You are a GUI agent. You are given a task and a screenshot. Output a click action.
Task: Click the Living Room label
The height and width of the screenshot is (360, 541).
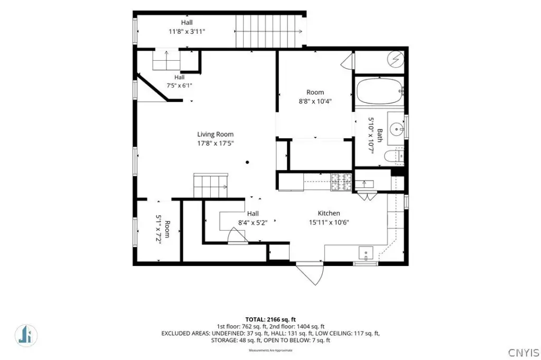pos(216,134)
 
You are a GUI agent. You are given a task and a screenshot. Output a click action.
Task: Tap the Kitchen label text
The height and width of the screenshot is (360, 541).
pos(329,213)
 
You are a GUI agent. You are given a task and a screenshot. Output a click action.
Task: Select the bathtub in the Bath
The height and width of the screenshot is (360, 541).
pos(379,91)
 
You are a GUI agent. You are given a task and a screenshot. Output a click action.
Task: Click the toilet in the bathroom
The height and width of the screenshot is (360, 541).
pos(394,156)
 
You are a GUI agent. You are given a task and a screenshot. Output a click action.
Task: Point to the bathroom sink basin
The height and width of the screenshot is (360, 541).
pos(397,129)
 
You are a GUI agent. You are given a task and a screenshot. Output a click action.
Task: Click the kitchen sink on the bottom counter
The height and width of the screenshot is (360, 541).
pos(366,253)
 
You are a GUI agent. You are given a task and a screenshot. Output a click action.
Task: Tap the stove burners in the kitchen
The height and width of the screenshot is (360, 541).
pos(341,182)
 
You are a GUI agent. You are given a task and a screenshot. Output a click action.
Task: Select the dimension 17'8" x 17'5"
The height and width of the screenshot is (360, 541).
pos(216,143)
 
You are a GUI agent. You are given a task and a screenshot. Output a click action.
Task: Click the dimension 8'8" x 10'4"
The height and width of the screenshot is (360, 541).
pos(315,101)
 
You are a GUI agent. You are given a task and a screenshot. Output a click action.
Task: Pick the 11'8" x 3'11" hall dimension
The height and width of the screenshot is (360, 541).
pos(186,32)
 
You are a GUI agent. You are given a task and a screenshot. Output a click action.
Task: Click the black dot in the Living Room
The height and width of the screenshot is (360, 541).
pos(247,162)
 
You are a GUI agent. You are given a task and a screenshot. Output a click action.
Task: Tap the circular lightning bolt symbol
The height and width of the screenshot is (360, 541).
pos(396,59)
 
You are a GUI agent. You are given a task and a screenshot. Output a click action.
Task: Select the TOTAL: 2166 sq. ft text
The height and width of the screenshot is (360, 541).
pos(270,320)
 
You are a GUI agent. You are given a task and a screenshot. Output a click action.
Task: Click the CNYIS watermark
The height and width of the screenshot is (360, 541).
pos(524,353)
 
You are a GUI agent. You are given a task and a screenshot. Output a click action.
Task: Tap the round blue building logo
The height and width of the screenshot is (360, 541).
pos(26,335)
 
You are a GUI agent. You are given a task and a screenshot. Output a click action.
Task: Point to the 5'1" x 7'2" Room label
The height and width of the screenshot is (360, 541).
pos(163,229)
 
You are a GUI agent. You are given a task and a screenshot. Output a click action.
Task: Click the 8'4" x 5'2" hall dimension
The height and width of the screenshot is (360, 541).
pos(253,223)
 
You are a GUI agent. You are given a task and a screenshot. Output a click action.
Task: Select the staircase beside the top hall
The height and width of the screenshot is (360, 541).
pos(269,31)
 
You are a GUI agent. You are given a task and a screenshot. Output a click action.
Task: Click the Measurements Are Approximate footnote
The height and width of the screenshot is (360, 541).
pos(270,350)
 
